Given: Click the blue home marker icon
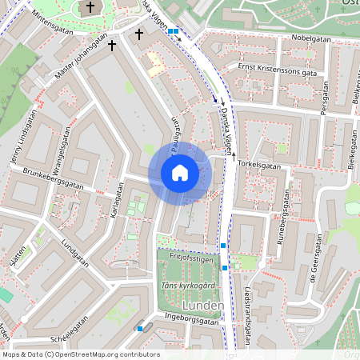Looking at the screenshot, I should click(x=180, y=173).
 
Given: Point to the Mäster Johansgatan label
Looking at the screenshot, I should click(x=81, y=60).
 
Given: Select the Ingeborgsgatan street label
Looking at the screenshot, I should click(x=189, y=321).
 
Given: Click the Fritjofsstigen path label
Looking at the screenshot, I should click(x=191, y=259).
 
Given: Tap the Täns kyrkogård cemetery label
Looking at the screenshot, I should click(x=188, y=286).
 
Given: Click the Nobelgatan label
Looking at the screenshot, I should click(x=311, y=37).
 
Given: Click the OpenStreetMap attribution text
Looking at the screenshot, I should click(x=81, y=354).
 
